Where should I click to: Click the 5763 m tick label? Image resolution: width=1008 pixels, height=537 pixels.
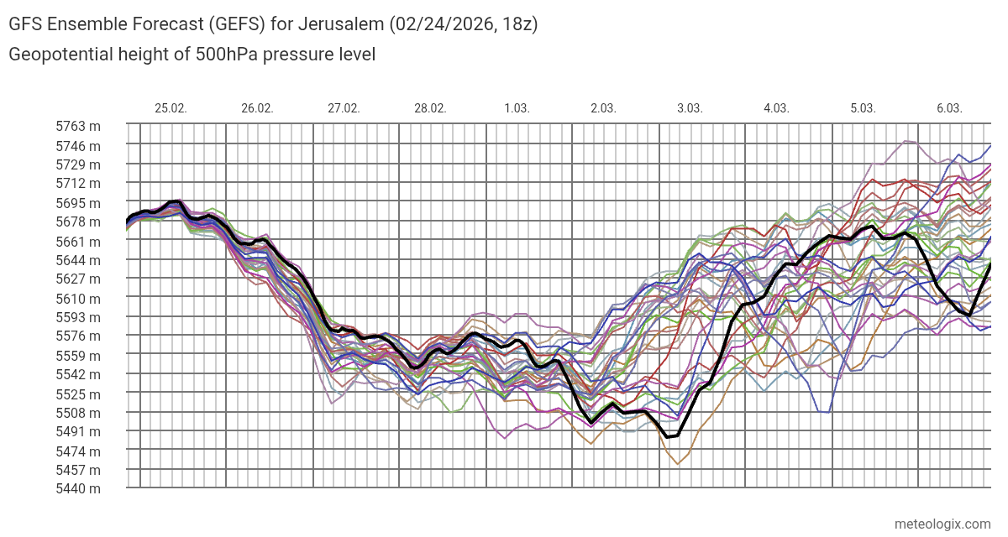click(78, 127)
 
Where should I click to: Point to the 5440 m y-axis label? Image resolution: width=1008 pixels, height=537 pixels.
click(78, 488)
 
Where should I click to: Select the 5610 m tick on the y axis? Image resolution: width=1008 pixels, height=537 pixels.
click(78, 298)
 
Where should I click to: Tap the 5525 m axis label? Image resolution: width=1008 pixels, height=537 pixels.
click(78, 394)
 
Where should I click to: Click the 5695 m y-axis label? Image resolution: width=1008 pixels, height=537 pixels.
click(78, 203)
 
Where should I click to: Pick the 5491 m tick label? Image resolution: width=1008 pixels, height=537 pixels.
click(78, 431)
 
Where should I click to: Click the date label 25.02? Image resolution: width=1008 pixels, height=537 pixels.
click(171, 108)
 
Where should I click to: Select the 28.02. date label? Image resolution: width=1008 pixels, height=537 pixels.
click(430, 108)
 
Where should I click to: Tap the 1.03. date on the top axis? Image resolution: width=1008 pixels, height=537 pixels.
click(517, 108)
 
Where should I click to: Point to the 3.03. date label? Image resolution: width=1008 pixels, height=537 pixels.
click(690, 108)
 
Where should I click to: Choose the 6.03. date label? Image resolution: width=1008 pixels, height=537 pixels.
click(949, 108)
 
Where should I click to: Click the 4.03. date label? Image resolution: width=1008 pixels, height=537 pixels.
click(776, 108)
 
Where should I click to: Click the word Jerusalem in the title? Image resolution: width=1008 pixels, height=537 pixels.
click(343, 24)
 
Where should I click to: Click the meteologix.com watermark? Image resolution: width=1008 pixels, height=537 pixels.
click(942, 524)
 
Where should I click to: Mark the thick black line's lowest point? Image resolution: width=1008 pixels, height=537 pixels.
click(669, 437)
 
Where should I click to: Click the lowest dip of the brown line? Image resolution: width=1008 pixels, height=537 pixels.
click(677, 464)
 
